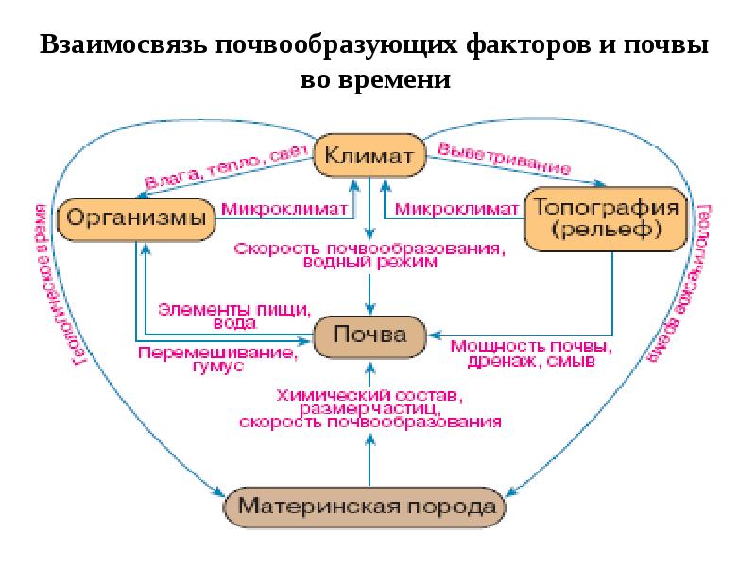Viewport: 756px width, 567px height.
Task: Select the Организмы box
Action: pyautogui.click(x=136, y=216)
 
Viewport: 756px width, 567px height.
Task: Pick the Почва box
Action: pyautogui.click(x=370, y=335)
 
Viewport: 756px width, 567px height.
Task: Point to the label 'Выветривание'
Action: pyautogui.click(x=505, y=160)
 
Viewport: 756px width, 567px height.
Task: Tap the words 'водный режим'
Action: pyautogui.click(x=369, y=264)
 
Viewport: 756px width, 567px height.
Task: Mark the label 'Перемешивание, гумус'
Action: pyautogui.click(x=216, y=360)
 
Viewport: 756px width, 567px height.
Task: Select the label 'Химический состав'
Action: pyautogui.click(x=369, y=393)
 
